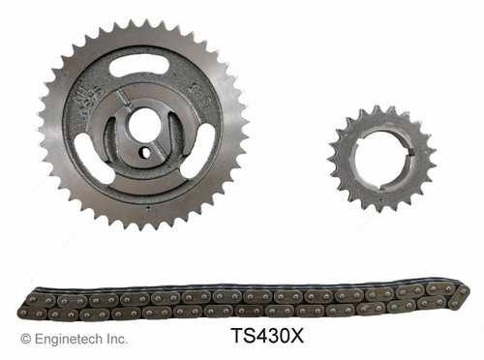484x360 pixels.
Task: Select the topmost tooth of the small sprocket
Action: coord(380,108)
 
